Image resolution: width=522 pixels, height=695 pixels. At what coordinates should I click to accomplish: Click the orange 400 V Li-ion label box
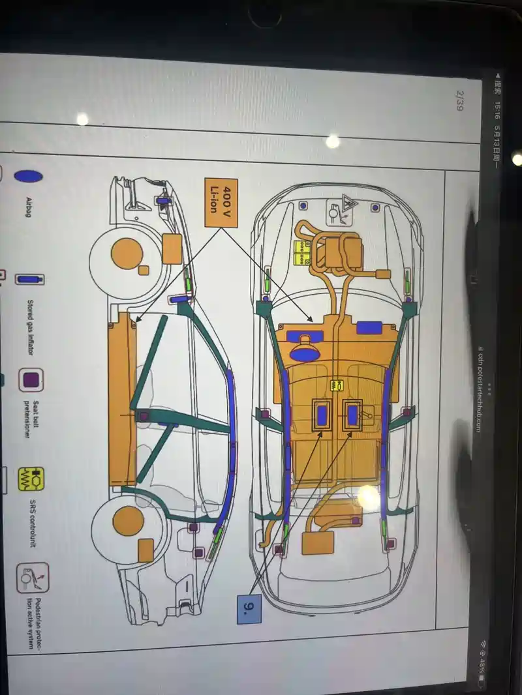[x=221, y=203]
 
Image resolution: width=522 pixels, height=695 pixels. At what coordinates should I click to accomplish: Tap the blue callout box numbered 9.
[x=249, y=608]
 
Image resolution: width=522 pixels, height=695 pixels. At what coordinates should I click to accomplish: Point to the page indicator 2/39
[x=459, y=102]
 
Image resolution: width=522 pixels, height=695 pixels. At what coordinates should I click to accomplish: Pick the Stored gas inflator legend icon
[x=30, y=279]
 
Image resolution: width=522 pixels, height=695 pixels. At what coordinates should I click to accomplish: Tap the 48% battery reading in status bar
[x=481, y=665]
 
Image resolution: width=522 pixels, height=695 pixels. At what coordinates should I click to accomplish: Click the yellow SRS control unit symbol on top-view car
[x=337, y=386]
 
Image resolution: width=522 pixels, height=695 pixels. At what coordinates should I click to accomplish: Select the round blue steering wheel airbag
[x=304, y=353]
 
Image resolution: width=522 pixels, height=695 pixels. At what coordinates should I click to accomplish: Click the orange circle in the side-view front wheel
[x=127, y=252]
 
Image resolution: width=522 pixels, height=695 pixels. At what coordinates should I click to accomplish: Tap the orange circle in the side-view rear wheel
[x=129, y=521]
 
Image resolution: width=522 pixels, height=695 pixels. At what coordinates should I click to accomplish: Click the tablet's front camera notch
[x=266, y=15]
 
